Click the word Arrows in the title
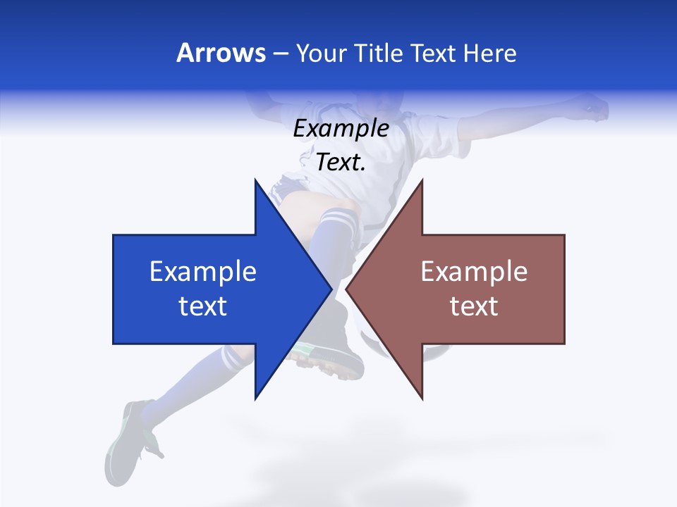(x=221, y=53)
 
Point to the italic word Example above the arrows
(x=341, y=129)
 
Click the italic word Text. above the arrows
(x=341, y=163)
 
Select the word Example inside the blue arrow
(x=203, y=271)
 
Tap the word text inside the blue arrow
(x=203, y=306)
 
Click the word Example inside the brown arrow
(x=474, y=271)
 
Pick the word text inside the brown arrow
(x=474, y=306)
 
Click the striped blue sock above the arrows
(x=336, y=225)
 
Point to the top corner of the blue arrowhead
(x=255, y=180)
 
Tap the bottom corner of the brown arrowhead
(x=422, y=399)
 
